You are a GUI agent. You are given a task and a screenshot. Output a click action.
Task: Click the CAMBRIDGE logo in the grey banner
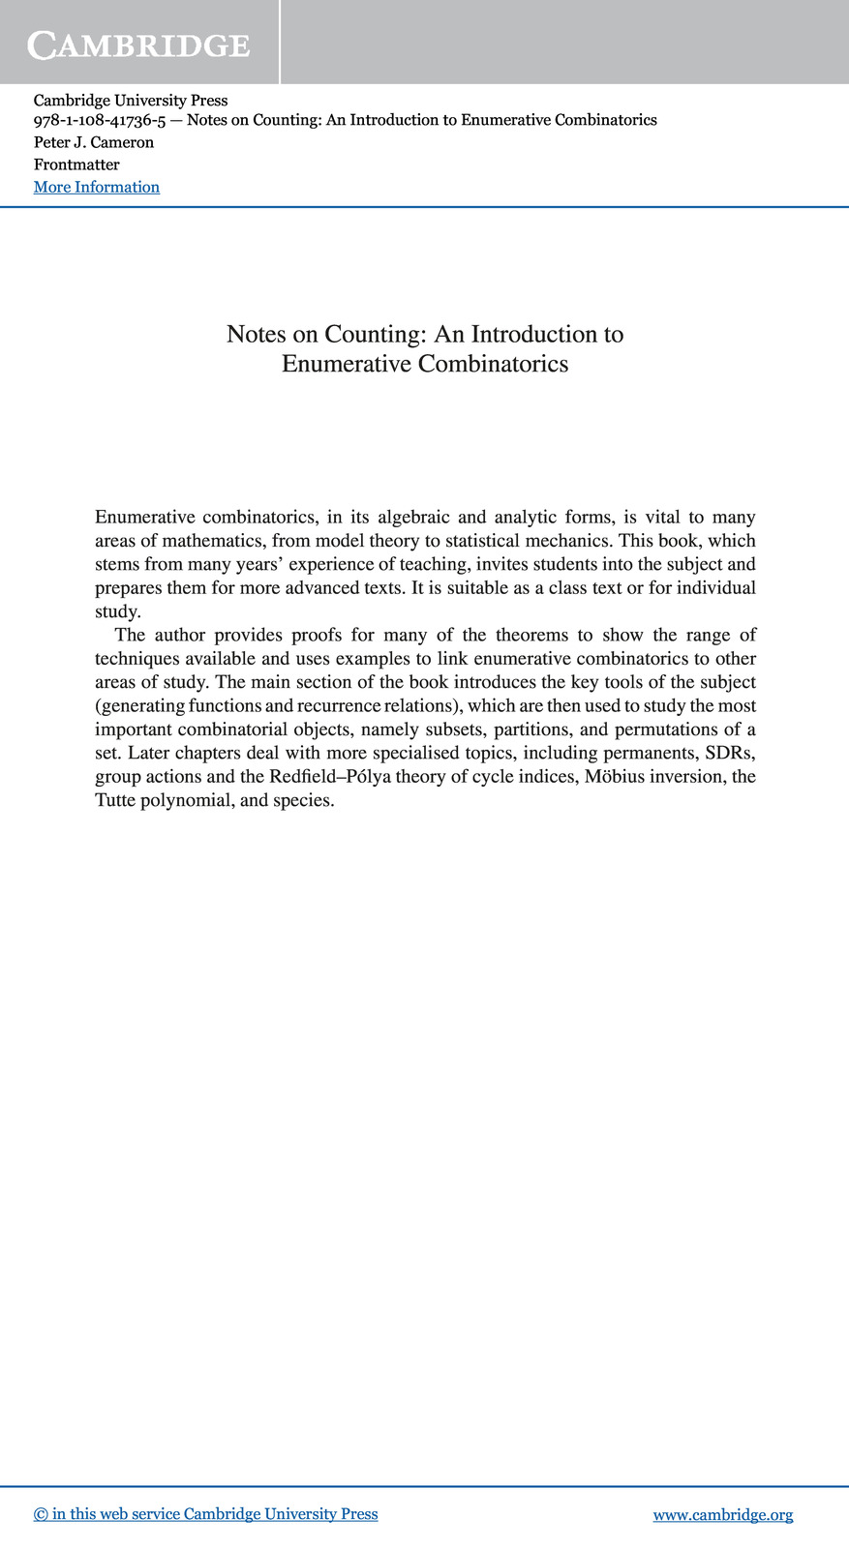tap(138, 45)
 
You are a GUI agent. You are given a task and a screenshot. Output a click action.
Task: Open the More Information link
tap(97, 187)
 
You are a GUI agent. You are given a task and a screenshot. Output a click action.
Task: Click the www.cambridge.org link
tap(723, 1514)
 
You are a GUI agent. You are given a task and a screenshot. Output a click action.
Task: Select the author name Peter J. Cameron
tap(94, 142)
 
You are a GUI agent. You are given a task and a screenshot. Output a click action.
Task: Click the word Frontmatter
tap(76, 164)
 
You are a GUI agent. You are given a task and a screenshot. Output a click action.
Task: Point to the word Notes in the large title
tap(256, 334)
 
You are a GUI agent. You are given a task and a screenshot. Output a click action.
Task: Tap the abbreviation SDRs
tap(731, 753)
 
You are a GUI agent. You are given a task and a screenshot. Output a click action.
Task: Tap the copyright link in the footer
tap(205, 1514)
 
